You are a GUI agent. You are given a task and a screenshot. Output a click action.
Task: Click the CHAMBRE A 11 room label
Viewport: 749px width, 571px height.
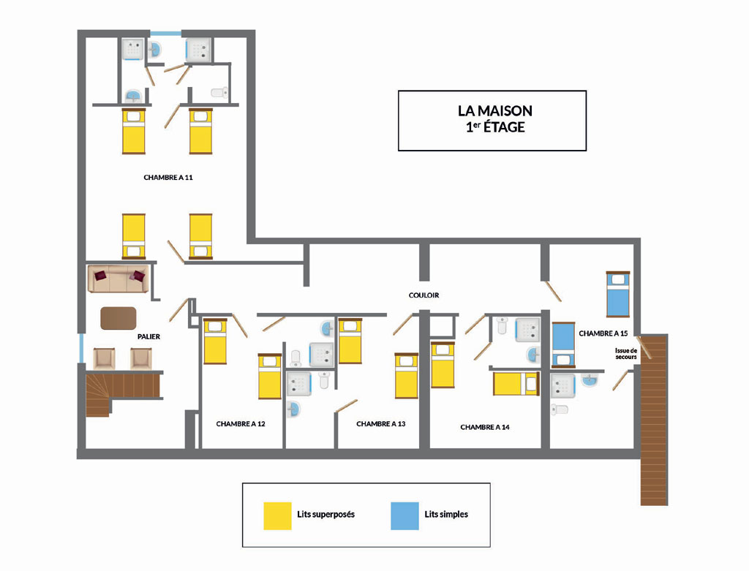tap(168, 177)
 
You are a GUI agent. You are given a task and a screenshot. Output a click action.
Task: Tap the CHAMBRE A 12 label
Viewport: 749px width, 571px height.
tap(240, 423)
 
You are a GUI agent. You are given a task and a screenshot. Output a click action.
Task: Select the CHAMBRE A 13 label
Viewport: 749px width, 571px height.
tap(380, 423)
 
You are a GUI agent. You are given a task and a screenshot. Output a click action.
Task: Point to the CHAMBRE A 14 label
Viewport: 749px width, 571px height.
tap(485, 427)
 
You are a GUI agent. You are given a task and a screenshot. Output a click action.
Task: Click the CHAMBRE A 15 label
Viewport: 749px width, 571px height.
tap(603, 333)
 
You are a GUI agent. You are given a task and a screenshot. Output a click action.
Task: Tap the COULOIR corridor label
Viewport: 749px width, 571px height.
tap(424, 295)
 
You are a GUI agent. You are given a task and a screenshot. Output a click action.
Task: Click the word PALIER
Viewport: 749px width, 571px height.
tap(148, 336)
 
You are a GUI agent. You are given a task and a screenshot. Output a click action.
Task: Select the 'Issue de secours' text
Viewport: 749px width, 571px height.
tap(626, 354)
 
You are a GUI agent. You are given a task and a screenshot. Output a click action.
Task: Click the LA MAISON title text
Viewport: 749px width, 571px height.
tap(495, 110)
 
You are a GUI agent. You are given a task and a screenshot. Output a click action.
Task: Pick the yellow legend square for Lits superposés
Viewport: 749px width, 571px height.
tap(277, 515)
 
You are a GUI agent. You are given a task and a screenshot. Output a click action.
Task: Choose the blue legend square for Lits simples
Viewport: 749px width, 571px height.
tap(404, 515)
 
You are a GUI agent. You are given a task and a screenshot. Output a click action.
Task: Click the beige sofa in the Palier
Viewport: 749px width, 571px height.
tap(118, 279)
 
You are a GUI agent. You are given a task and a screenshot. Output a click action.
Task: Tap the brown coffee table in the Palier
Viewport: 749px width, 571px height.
tap(118, 318)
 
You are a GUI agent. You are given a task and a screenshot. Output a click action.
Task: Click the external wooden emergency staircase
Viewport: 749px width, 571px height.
tap(654, 420)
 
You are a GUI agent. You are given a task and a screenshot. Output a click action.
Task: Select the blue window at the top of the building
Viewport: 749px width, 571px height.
tap(166, 33)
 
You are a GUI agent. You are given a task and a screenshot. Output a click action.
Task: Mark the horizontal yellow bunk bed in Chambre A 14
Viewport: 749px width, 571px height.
tap(516, 384)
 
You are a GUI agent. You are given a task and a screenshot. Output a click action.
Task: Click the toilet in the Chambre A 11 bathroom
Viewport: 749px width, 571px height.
tap(219, 92)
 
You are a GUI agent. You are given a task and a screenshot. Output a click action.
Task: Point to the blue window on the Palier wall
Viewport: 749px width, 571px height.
tap(81, 348)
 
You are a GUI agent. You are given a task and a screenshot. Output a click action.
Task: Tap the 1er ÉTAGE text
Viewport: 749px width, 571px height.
tap(495, 127)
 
